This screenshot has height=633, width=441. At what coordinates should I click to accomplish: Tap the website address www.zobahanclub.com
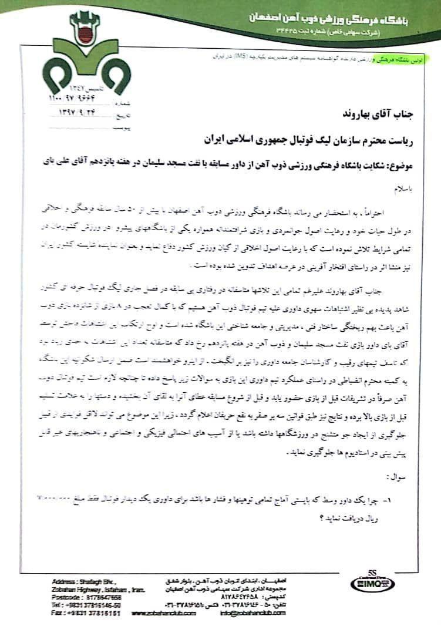tap(164, 613)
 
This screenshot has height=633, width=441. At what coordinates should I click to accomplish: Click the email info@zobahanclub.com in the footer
tap(253, 613)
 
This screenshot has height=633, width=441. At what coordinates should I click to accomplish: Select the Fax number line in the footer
tap(86, 612)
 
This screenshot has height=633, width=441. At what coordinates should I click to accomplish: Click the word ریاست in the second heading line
tap(404, 141)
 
